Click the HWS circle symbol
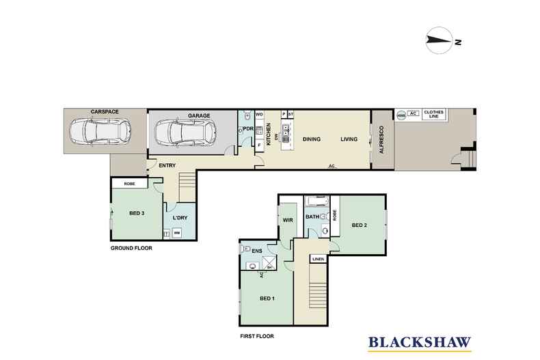pos(401,115)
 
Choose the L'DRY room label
pos(180,217)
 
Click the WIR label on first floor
pos(287,219)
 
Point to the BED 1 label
pos(268,299)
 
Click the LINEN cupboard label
pos(318,260)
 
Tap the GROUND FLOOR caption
pos(131,248)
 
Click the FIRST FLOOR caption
pos(258,336)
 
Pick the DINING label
pos(312,139)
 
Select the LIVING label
pos(349,139)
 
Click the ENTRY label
pos(167,165)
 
